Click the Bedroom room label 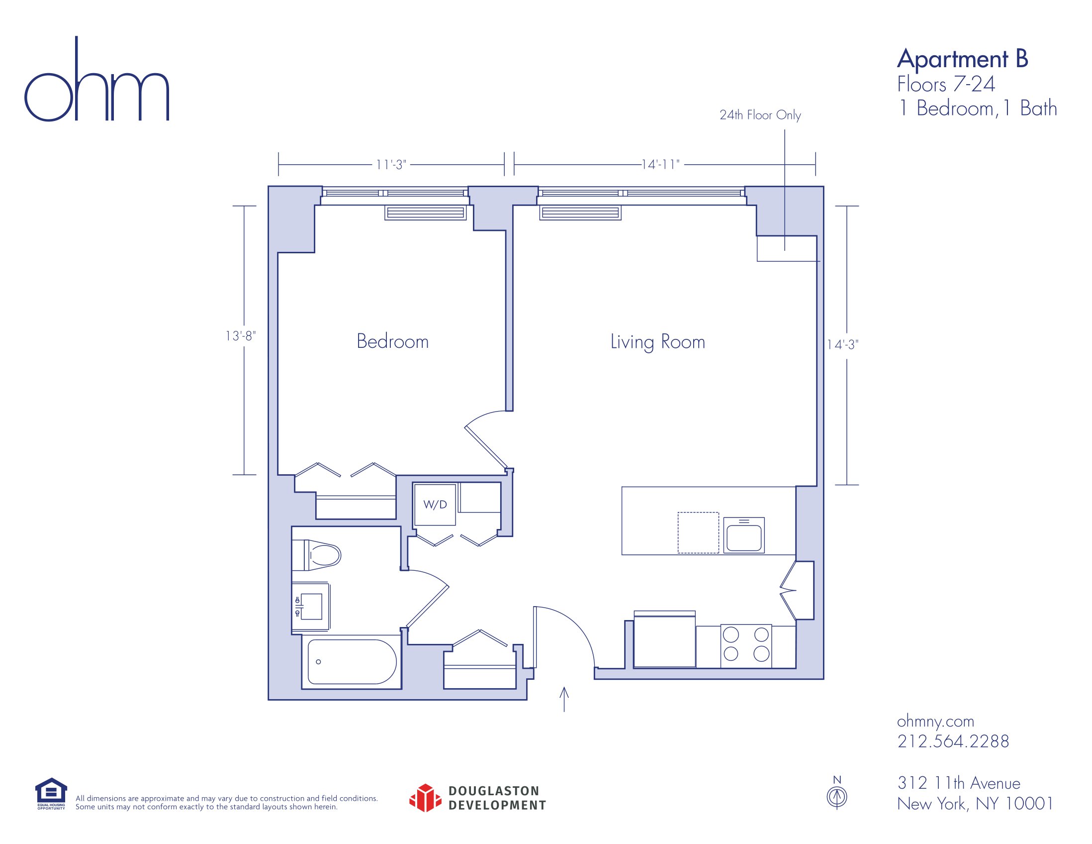tap(392, 341)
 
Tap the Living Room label tap(657, 342)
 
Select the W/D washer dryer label tap(435, 505)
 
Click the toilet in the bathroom tap(316, 555)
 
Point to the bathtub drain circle tap(318, 662)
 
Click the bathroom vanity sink tap(310, 606)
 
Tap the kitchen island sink tap(744, 535)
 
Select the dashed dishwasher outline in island tap(698, 532)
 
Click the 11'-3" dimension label tap(391, 165)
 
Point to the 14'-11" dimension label tap(661, 165)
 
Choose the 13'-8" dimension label tap(241, 336)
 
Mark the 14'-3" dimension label tap(842, 344)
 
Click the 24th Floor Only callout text tap(760, 115)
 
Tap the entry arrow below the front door tap(564, 699)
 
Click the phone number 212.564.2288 tap(953, 741)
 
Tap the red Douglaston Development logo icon tap(425, 798)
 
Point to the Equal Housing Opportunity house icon tap(51, 793)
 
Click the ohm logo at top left tap(97, 79)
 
